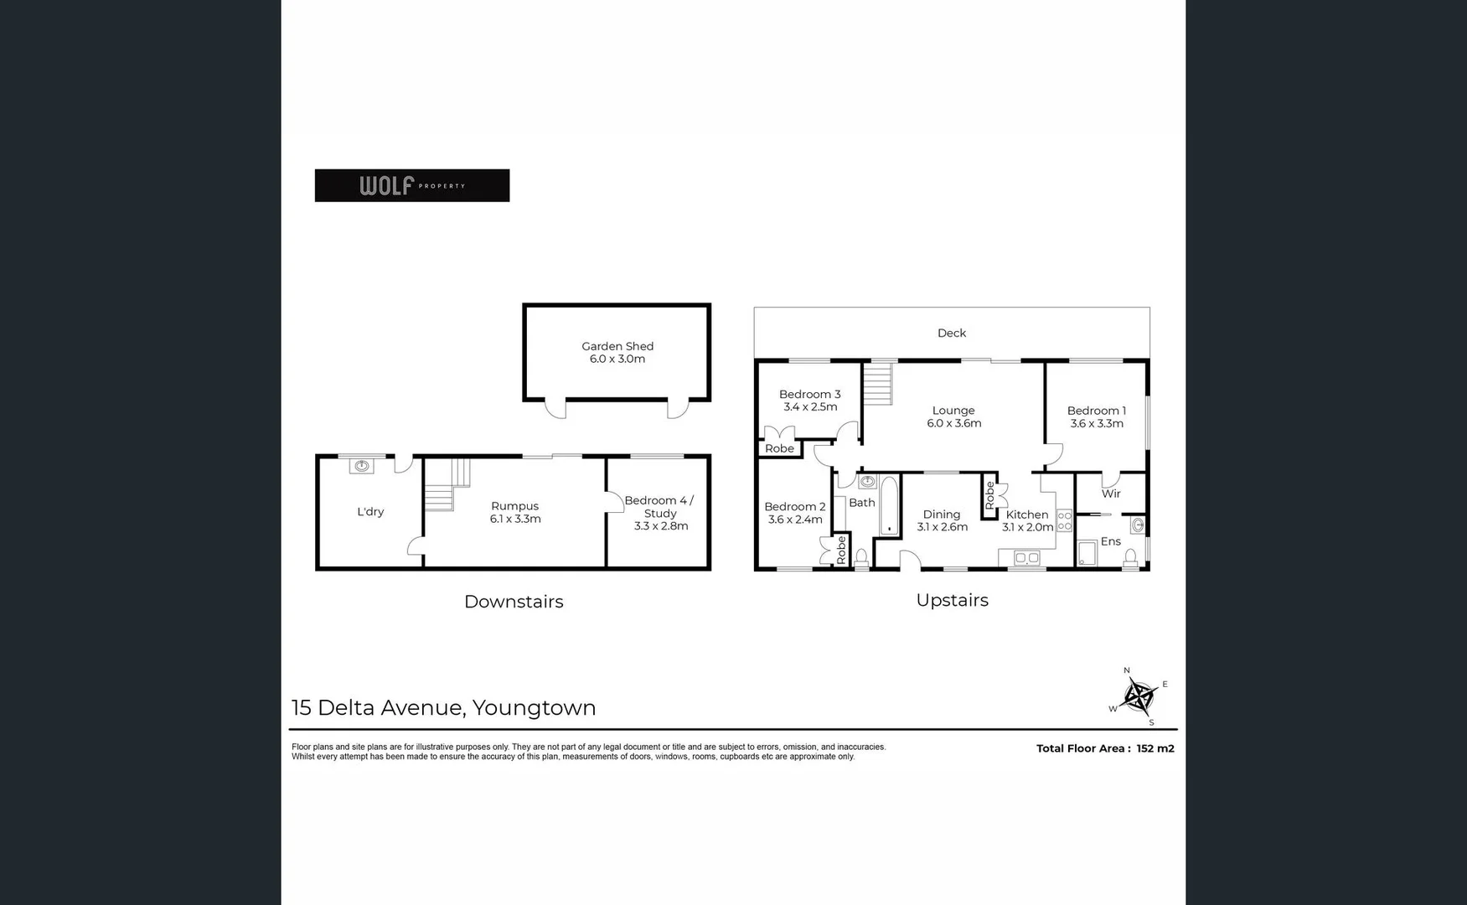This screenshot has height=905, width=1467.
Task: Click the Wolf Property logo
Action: click(x=411, y=185)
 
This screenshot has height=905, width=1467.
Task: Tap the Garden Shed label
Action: click(x=617, y=352)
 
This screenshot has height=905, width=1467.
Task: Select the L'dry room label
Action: click(x=370, y=512)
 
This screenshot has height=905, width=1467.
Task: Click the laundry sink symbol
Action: click(x=362, y=466)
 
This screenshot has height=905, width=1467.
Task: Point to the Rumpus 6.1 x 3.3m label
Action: click(x=515, y=512)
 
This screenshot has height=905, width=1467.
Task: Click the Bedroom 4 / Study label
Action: click(x=660, y=513)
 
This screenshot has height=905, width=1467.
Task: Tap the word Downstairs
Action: click(x=514, y=602)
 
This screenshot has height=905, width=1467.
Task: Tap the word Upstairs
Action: click(x=952, y=600)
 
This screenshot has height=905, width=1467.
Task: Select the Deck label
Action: click(x=952, y=334)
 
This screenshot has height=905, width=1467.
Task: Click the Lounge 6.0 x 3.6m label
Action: click(x=953, y=416)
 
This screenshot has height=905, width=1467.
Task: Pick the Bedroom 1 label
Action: click(x=1096, y=416)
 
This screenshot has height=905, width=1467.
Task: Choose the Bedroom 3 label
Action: click(x=809, y=401)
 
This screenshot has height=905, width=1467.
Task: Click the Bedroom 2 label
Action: click(x=795, y=513)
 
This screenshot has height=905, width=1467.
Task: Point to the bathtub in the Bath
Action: click(x=888, y=505)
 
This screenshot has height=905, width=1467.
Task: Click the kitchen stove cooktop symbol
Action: click(x=1064, y=520)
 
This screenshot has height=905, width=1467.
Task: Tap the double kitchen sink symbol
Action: click(x=1026, y=558)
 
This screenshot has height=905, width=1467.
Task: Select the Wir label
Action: click(x=1111, y=494)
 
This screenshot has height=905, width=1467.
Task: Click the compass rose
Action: click(x=1139, y=696)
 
